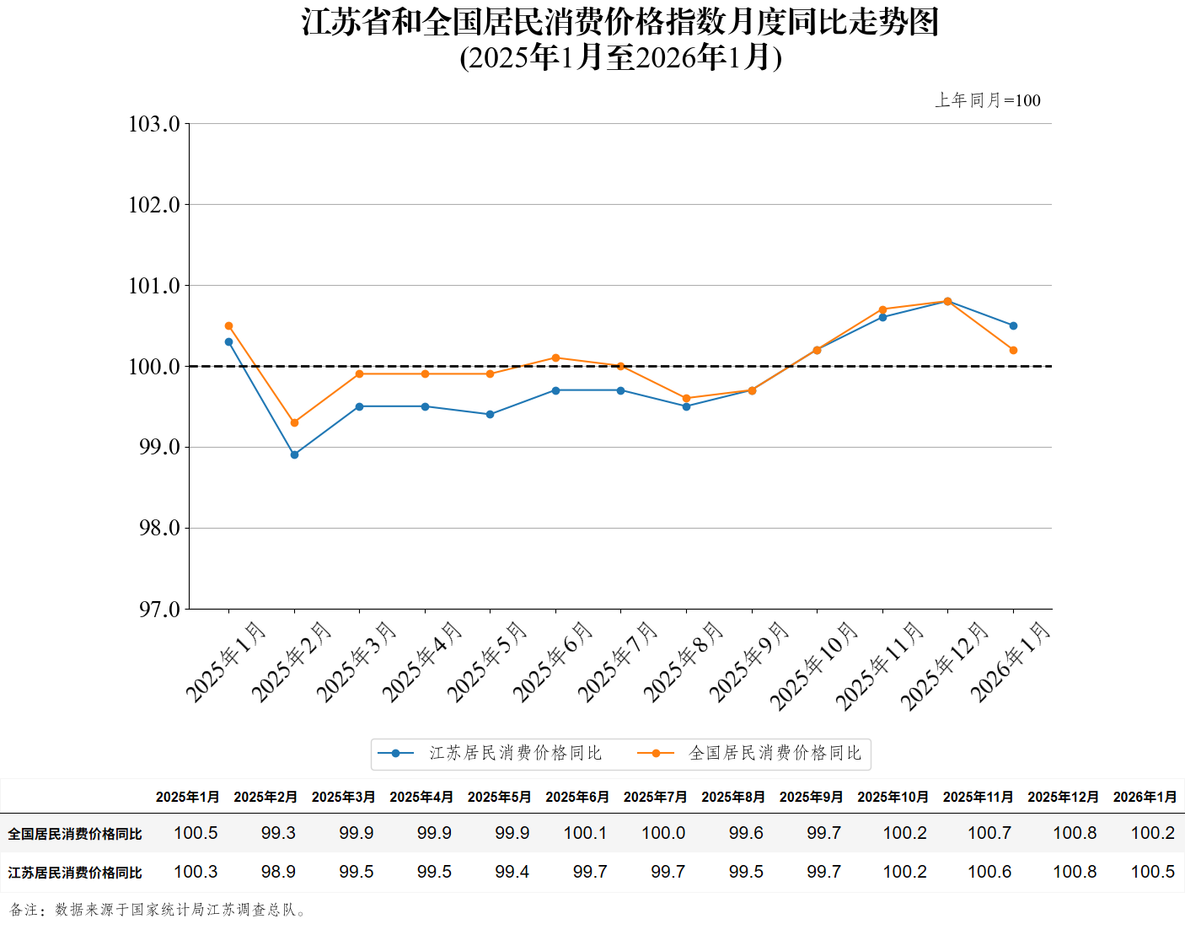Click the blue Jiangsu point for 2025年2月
click(x=294, y=454)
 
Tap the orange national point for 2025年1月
click(x=228, y=325)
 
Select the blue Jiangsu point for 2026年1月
click(x=1013, y=325)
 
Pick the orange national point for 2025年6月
click(x=555, y=357)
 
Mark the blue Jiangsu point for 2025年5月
click(x=490, y=414)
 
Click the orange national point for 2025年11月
click(x=882, y=309)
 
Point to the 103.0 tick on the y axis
click(x=154, y=124)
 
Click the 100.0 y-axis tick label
click(x=154, y=367)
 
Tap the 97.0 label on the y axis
click(x=159, y=609)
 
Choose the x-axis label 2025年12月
click(x=944, y=666)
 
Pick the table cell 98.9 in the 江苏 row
click(x=278, y=872)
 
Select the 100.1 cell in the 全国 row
click(x=585, y=833)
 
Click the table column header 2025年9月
click(x=811, y=797)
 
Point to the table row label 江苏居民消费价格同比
click(x=75, y=873)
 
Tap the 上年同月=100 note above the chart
click(x=988, y=100)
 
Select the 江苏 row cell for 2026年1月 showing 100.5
click(x=1152, y=872)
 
